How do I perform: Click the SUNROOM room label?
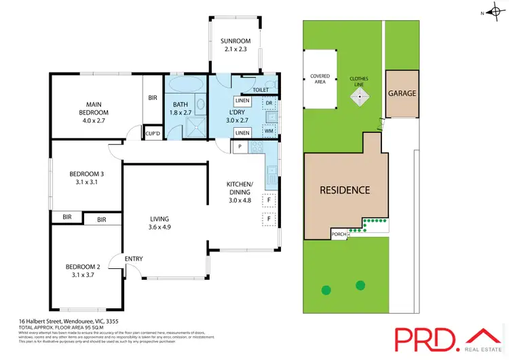(x=235, y=41)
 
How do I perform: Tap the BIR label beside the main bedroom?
(x=152, y=98)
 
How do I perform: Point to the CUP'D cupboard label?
(x=153, y=133)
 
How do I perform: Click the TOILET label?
(x=261, y=90)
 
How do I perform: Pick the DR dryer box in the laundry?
(x=269, y=103)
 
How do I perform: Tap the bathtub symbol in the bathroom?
(x=185, y=86)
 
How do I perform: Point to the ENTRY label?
(x=133, y=258)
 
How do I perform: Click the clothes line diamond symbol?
(x=359, y=97)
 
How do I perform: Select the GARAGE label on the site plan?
(x=402, y=93)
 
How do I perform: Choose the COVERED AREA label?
(x=320, y=79)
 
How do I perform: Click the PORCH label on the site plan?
(x=337, y=234)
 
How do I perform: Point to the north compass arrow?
(x=492, y=12)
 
